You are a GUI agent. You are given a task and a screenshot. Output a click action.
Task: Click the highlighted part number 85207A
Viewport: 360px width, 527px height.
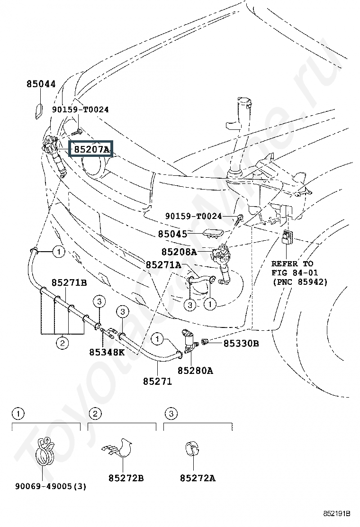coord(91,150)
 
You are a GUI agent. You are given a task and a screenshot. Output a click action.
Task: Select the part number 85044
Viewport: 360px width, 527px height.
coord(41,84)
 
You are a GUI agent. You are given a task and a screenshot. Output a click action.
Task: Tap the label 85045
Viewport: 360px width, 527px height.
coord(172,234)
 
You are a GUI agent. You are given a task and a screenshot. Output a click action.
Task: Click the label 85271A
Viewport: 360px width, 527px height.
coord(163,265)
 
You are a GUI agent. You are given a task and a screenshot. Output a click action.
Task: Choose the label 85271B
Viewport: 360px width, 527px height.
coord(69,283)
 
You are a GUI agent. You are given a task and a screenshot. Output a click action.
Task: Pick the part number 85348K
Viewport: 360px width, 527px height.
coord(107,352)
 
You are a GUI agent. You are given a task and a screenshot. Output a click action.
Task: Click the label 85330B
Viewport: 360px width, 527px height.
coord(241,343)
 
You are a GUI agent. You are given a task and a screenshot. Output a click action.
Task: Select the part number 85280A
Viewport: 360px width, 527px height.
coord(195,371)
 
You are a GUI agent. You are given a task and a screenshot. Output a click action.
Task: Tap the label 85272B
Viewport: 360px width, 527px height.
coord(126,478)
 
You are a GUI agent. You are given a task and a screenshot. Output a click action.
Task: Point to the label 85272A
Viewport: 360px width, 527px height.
coord(198,478)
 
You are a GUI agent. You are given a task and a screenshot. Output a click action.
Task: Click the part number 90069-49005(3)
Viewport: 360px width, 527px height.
coord(50,486)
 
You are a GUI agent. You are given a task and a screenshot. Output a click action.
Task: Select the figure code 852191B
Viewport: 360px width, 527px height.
coord(337,514)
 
